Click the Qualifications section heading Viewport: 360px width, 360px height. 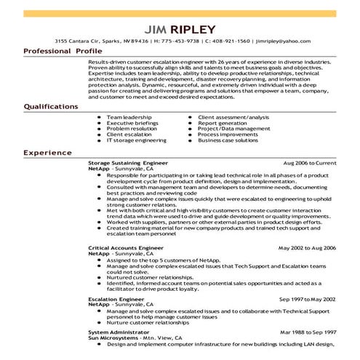point(51,106)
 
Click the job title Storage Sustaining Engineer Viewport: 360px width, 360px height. point(127,165)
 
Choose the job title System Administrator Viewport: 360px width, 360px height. point(116,332)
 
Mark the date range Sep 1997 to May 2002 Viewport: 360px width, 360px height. point(308,298)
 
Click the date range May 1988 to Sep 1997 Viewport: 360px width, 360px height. point(308,332)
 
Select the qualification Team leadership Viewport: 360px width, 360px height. point(130,117)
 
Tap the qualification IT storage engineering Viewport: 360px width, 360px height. point(136,140)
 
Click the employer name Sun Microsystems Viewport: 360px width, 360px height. point(115,338)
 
